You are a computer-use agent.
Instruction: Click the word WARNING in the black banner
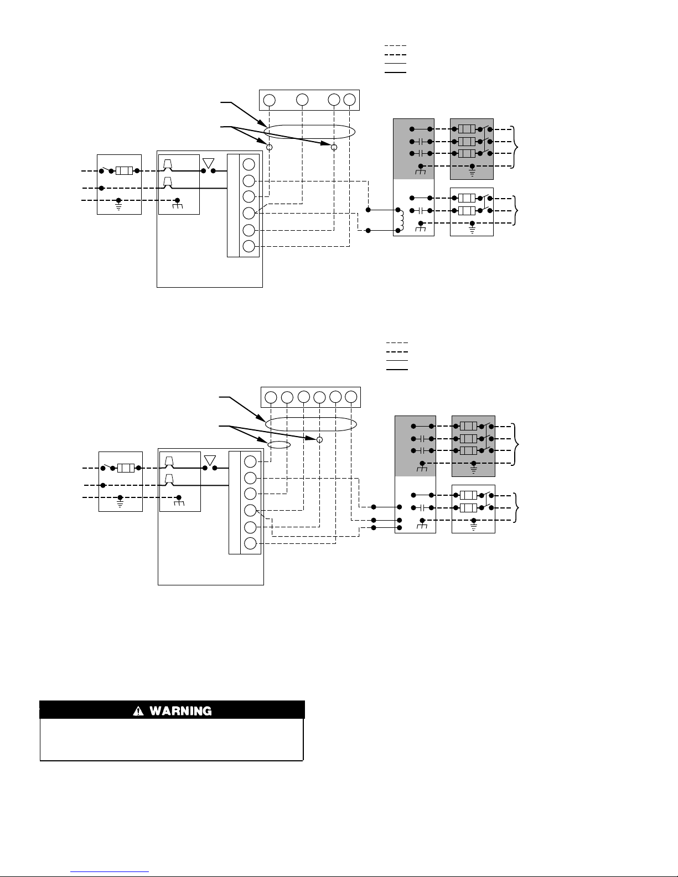pos(180,710)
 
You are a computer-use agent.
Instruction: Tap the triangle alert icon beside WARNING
pos(138,710)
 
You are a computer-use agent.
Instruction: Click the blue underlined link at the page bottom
pos(110,872)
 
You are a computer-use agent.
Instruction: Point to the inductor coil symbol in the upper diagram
pos(401,220)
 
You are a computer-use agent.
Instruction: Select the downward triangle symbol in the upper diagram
pos(208,163)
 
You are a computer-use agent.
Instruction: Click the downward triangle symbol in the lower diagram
pos(210,460)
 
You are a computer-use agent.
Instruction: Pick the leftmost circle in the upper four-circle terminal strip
pos(269,100)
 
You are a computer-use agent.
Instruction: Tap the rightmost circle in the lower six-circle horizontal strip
pos(351,397)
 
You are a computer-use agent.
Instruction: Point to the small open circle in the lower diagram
pos(320,439)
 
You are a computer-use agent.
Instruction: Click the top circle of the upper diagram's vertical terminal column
pos(249,164)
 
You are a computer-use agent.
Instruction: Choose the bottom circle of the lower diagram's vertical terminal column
pos(250,543)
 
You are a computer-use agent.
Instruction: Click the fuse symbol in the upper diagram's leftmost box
pos(125,171)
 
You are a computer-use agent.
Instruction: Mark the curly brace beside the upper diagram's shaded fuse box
pos(515,147)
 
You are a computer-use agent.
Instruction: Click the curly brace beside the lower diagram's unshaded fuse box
pos(516,508)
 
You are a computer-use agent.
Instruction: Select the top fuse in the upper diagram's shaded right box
pos(467,129)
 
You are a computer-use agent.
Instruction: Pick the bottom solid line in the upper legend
pos(396,72)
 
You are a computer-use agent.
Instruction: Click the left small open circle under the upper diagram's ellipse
pos(269,147)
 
